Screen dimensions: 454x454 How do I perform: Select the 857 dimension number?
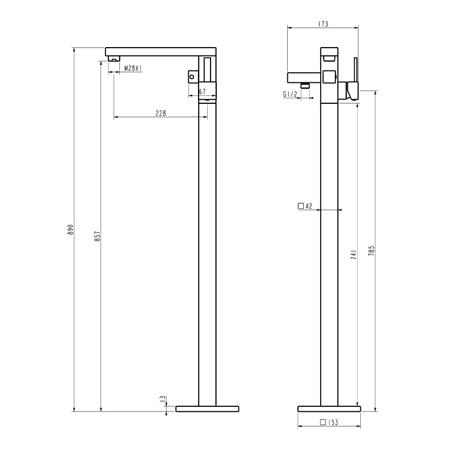point(98,236)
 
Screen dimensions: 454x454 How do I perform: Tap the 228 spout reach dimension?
point(161,113)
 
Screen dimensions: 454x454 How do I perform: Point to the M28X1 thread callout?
point(133,68)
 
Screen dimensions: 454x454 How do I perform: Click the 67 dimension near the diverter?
point(203,92)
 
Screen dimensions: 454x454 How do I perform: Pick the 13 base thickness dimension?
point(163,399)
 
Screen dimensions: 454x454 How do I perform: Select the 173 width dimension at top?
point(323,24)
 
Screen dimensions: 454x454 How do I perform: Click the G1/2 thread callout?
point(290,94)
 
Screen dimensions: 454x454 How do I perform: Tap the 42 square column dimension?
point(309,206)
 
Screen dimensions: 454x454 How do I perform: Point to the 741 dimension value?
point(354,254)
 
